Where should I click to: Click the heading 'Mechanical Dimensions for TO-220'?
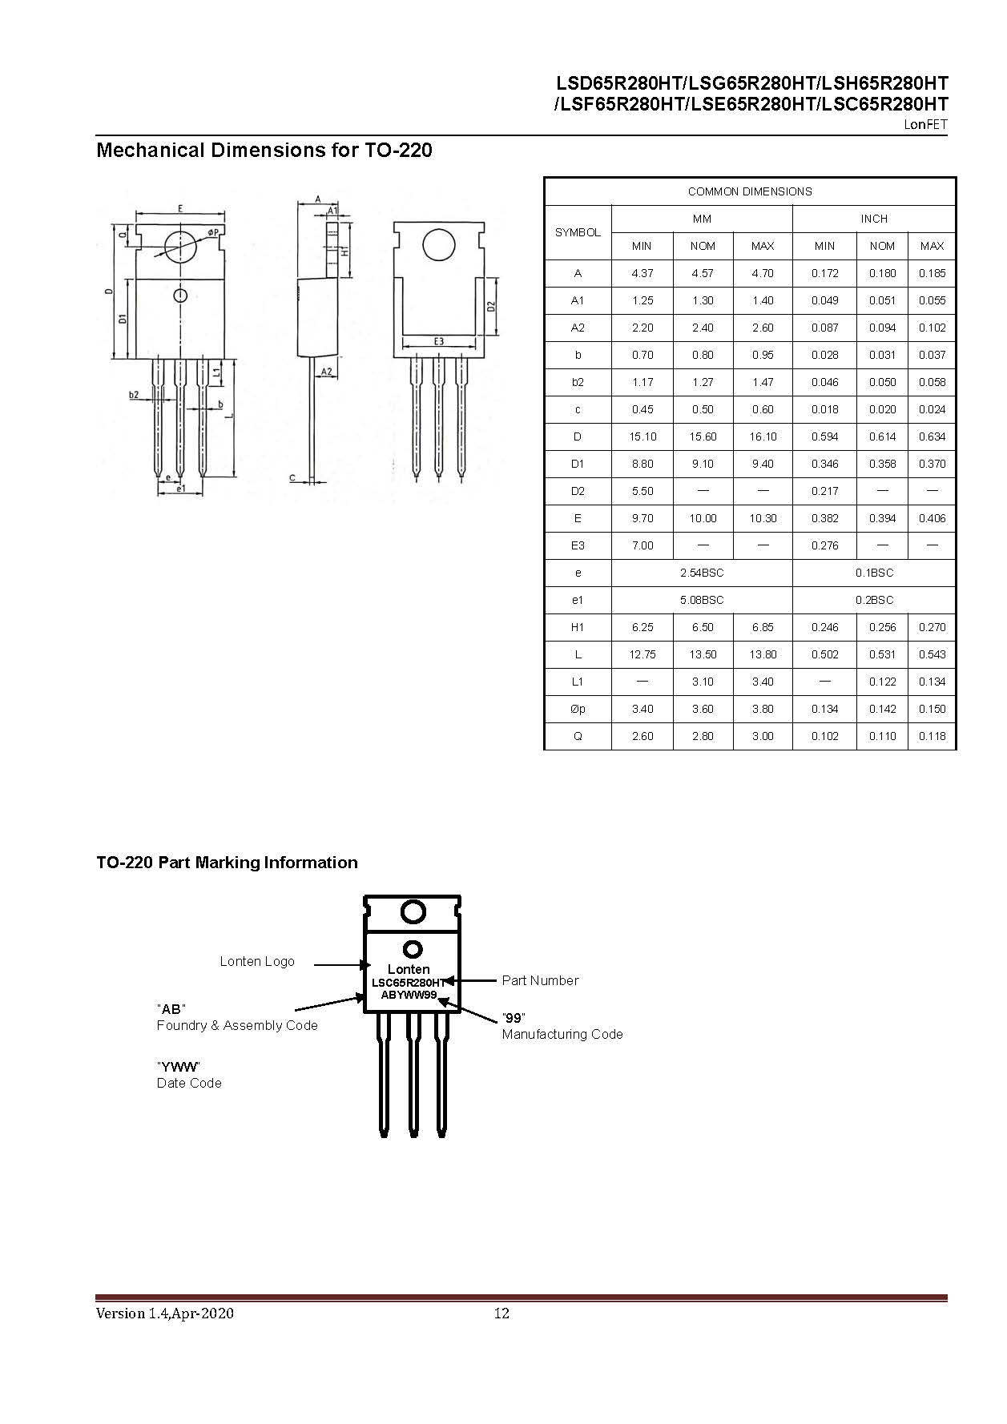(264, 151)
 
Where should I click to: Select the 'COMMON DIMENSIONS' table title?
(749, 191)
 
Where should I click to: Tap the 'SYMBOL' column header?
(578, 232)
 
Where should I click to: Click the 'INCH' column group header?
(873, 219)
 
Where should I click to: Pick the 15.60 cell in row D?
(703, 436)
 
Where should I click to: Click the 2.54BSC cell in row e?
(702, 573)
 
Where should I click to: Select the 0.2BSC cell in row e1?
(873, 600)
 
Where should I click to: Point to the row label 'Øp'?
(578, 709)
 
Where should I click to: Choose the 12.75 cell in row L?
(642, 654)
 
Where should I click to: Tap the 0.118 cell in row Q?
(932, 736)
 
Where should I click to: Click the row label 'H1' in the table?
(578, 627)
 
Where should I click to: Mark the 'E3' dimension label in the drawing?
(439, 342)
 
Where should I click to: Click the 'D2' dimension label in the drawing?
(491, 307)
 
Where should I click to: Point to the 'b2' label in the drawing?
(134, 394)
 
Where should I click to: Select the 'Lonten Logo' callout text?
(257, 961)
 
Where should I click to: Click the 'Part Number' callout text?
(540, 980)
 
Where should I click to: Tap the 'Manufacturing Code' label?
(562, 1034)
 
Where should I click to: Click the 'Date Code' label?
(189, 1083)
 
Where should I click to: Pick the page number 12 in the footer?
(501, 1313)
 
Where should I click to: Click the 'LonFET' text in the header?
(925, 124)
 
